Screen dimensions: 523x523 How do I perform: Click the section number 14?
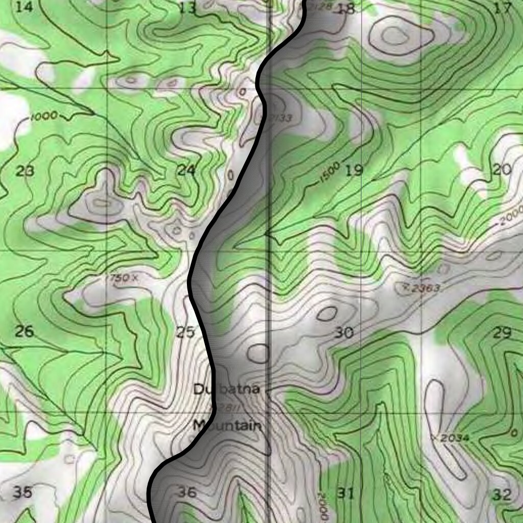coord(24,7)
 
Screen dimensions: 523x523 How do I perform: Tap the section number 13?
coord(188,8)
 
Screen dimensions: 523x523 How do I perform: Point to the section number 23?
coord(25,171)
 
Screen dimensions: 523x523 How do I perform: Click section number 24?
coord(186,170)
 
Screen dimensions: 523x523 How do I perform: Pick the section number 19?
coord(353,170)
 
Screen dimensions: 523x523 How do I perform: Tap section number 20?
coord(503,170)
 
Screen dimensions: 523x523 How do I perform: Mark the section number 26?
coord(24,332)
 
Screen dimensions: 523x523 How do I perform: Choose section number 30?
coord(344,334)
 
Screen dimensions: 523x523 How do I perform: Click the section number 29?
coord(503,333)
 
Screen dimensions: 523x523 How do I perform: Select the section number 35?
coord(22,492)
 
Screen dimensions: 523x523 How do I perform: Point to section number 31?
coord(346,493)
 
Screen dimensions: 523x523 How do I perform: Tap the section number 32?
coord(503,494)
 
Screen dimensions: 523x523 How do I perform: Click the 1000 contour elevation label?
coord(44,116)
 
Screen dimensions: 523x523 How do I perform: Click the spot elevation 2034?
coord(454,438)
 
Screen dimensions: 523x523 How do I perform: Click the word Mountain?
coord(227,425)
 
